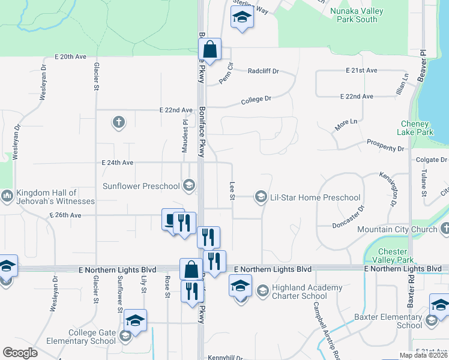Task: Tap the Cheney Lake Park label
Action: click(416, 128)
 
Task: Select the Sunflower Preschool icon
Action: click(189, 185)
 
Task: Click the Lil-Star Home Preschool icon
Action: click(261, 197)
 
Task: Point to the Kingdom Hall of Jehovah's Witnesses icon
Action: click(7, 196)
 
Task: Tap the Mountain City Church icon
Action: click(445, 229)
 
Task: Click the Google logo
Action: click(20, 353)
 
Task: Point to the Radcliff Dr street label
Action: click(264, 71)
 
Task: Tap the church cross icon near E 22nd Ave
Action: click(119, 123)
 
